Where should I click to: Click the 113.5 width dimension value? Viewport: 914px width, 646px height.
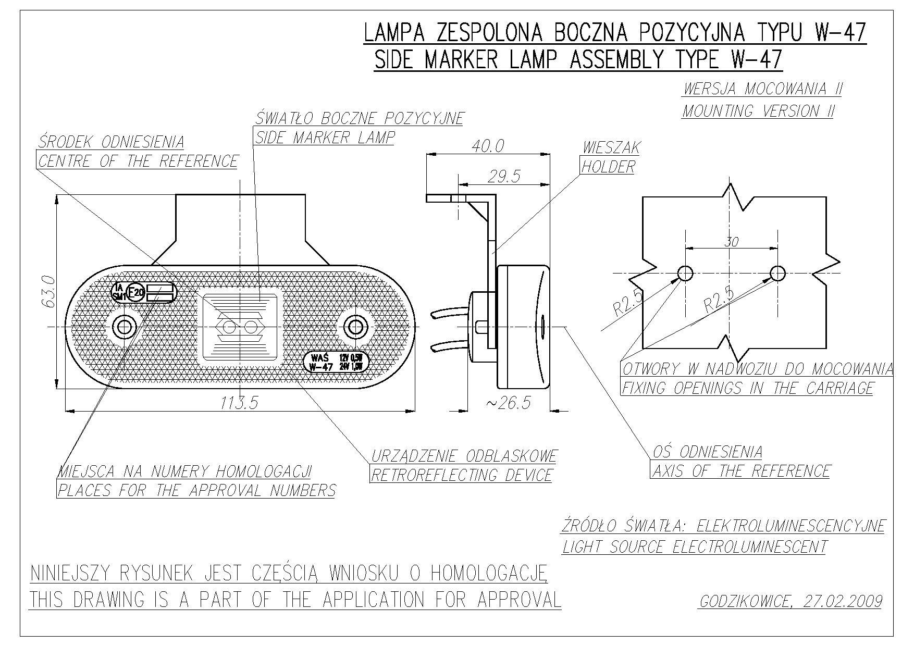pyautogui.click(x=239, y=403)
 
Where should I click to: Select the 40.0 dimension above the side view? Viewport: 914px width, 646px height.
pyautogui.click(x=488, y=146)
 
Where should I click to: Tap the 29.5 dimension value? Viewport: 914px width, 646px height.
pyautogui.click(x=504, y=177)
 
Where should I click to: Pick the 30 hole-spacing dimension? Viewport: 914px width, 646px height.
pyautogui.click(x=732, y=242)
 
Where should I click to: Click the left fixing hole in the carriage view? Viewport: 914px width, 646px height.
pyautogui.click(x=685, y=272)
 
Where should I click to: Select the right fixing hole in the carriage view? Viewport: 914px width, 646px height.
pyautogui.click(x=777, y=272)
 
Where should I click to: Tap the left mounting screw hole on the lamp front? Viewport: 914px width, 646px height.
pyautogui.click(x=125, y=327)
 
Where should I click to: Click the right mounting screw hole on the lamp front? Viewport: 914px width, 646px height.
pyautogui.click(x=355, y=327)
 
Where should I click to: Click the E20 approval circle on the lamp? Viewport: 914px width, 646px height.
pyautogui.click(x=137, y=292)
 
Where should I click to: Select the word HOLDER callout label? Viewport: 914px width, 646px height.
pyautogui.click(x=608, y=167)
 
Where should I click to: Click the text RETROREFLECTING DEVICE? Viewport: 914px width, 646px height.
pyautogui.click(x=461, y=475)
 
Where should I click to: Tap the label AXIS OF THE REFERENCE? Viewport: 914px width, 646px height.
pyautogui.click(x=741, y=471)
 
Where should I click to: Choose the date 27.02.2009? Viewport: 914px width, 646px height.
pyautogui.click(x=843, y=602)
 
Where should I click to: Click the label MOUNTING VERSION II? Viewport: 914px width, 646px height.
pyautogui.click(x=758, y=111)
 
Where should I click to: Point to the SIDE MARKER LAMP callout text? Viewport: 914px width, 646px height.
pyautogui.click(x=325, y=138)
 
